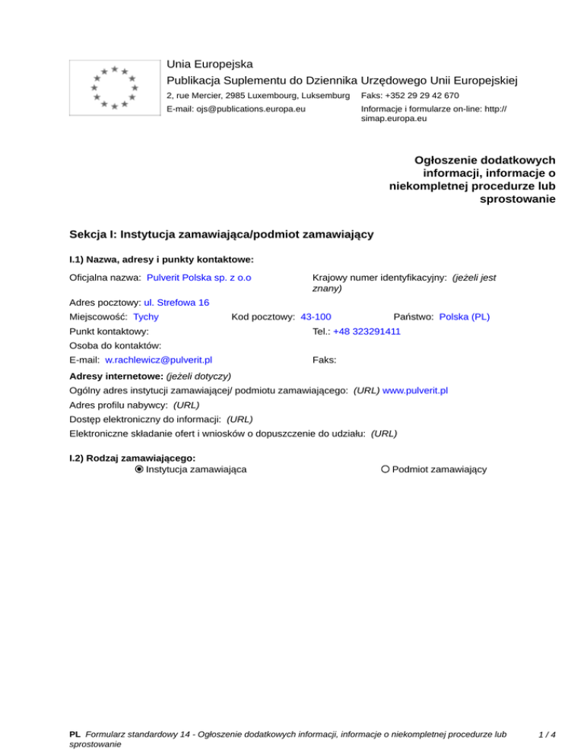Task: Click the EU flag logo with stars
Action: (x=113, y=86)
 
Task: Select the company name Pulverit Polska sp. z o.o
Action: (x=199, y=278)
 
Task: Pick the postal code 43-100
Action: (x=316, y=316)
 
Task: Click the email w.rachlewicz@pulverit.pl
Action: (x=158, y=359)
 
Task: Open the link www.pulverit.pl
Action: (x=415, y=390)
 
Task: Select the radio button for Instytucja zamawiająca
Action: (x=139, y=469)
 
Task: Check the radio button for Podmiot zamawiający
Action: (x=386, y=469)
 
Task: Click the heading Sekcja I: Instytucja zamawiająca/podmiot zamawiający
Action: (x=221, y=234)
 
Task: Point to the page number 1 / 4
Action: (x=546, y=735)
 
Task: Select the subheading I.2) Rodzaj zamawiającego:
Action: (x=132, y=458)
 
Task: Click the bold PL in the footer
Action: (x=75, y=735)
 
